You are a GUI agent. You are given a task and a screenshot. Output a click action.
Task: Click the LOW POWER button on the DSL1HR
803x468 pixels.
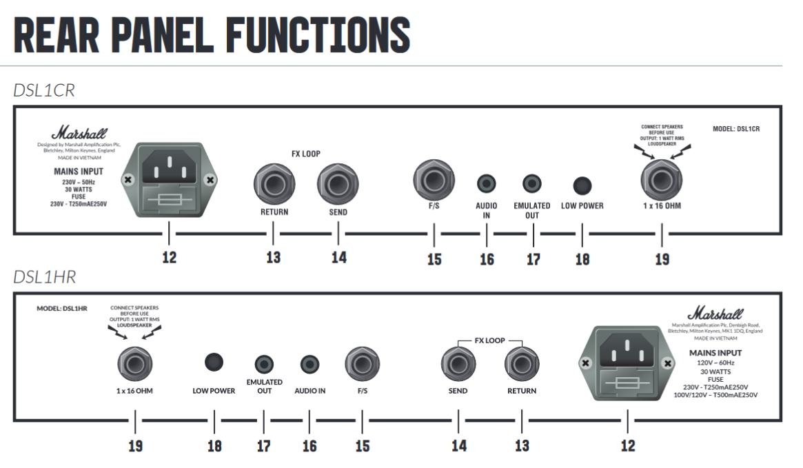tap(214, 362)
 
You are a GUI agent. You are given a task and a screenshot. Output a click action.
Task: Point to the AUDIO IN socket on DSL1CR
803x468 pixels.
tap(487, 184)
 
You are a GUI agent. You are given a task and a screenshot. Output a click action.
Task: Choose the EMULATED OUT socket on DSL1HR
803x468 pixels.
tap(264, 364)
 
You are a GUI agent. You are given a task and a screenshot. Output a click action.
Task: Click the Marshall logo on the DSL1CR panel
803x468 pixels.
tap(78, 132)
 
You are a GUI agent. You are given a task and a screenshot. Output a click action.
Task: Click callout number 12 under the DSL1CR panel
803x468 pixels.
tap(169, 258)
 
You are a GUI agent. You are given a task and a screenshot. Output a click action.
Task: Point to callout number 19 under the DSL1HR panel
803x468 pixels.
tap(135, 445)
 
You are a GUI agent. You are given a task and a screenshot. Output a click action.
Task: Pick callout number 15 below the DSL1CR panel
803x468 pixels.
tap(434, 259)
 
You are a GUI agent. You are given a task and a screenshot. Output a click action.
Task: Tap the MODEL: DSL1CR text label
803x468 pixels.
tap(740, 128)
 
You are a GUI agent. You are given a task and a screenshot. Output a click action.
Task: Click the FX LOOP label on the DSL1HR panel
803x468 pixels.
tap(489, 340)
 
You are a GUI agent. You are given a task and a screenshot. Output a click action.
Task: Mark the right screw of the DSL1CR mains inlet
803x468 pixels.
tap(210, 180)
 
